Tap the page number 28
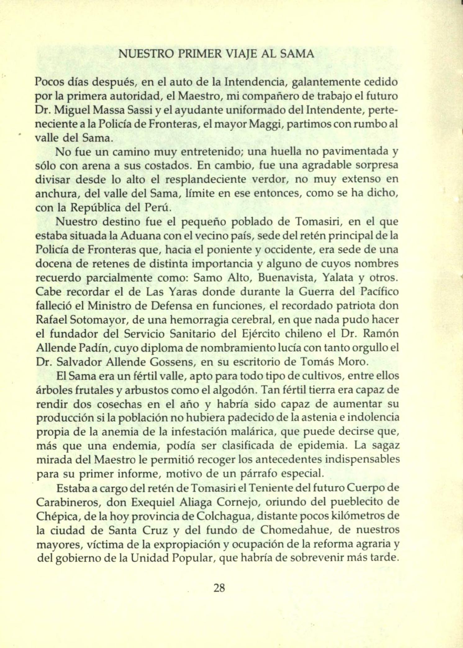click(x=219, y=587)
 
